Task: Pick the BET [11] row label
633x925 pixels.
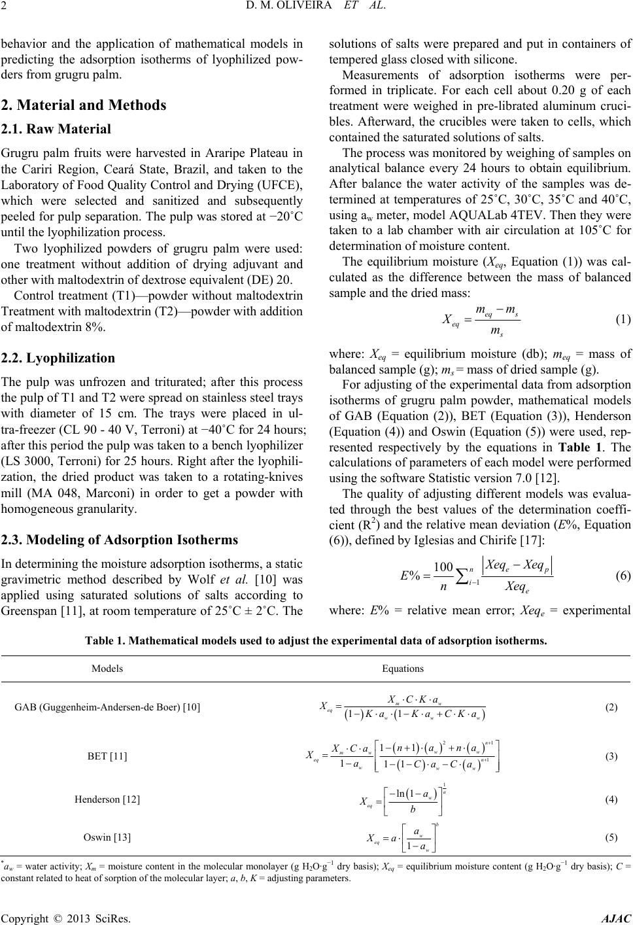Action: pos(107,756)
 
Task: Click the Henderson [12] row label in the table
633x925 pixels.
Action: pos(107,799)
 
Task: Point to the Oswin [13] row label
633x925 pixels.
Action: pos(107,837)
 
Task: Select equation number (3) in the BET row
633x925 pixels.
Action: pos(611,756)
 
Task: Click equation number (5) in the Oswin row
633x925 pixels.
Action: pos(611,837)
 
